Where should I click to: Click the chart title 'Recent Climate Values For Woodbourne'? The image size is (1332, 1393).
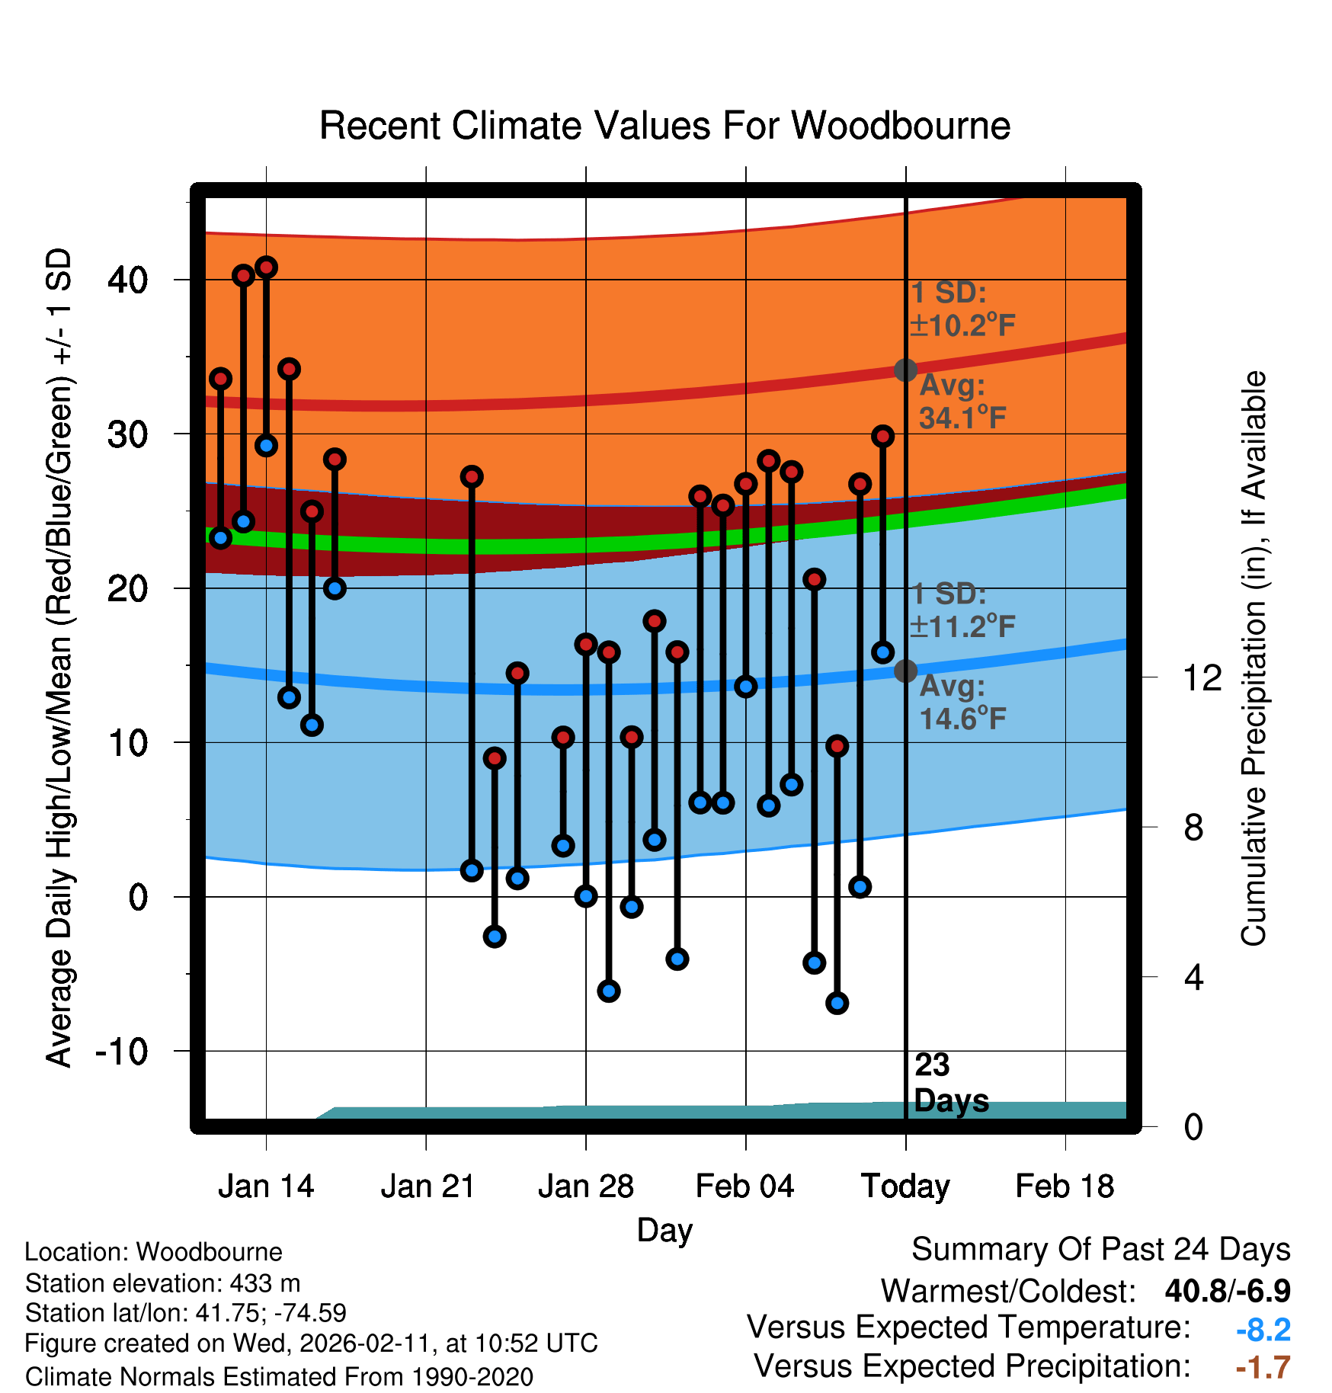[664, 126]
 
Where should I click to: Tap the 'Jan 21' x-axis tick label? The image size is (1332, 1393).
[427, 1186]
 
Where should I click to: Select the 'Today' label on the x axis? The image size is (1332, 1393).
[905, 1186]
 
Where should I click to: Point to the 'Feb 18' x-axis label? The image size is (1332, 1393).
[1065, 1186]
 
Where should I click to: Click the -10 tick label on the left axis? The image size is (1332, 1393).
[122, 1052]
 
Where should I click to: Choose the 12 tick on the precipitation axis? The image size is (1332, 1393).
[1202, 677]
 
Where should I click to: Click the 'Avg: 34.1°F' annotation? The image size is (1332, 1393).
[962, 402]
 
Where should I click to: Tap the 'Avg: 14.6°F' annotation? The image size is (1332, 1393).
[962, 703]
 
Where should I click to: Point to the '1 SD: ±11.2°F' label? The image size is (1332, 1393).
[962, 610]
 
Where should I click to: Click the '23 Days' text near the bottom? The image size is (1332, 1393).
[950, 1083]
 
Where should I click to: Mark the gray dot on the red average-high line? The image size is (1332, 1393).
[905, 370]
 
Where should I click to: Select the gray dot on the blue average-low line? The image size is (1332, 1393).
[905, 671]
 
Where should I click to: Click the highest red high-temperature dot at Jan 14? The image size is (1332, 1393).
[266, 267]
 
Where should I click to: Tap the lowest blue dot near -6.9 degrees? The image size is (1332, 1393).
[837, 1003]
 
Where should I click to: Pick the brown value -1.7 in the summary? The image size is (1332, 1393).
[1263, 1368]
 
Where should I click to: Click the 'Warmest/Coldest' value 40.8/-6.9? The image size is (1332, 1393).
[1227, 1291]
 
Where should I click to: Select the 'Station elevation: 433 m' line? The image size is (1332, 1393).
[162, 1283]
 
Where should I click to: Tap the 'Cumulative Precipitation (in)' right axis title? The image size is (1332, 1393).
[1254, 659]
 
